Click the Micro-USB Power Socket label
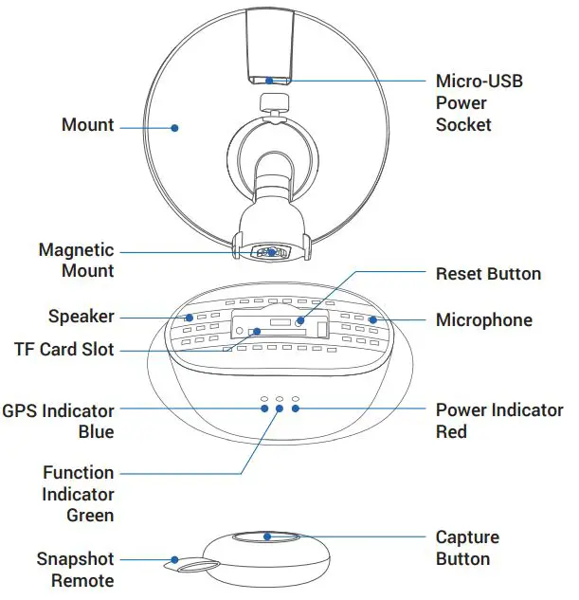click(x=479, y=102)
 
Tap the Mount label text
click(x=87, y=125)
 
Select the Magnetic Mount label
click(x=76, y=261)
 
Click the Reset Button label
click(x=488, y=274)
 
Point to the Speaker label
click(x=81, y=317)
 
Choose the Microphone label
click(x=483, y=320)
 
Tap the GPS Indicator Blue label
click(x=58, y=421)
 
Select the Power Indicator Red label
click(x=498, y=421)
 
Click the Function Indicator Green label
click(x=78, y=494)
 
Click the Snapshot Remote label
click(x=75, y=570)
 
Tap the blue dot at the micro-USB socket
click(x=267, y=81)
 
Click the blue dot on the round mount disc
click(x=174, y=125)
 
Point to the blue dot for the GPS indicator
click(x=264, y=409)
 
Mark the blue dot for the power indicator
click(x=296, y=409)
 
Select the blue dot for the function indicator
click(x=280, y=409)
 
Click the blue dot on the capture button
click(x=267, y=536)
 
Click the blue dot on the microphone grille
click(x=373, y=319)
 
